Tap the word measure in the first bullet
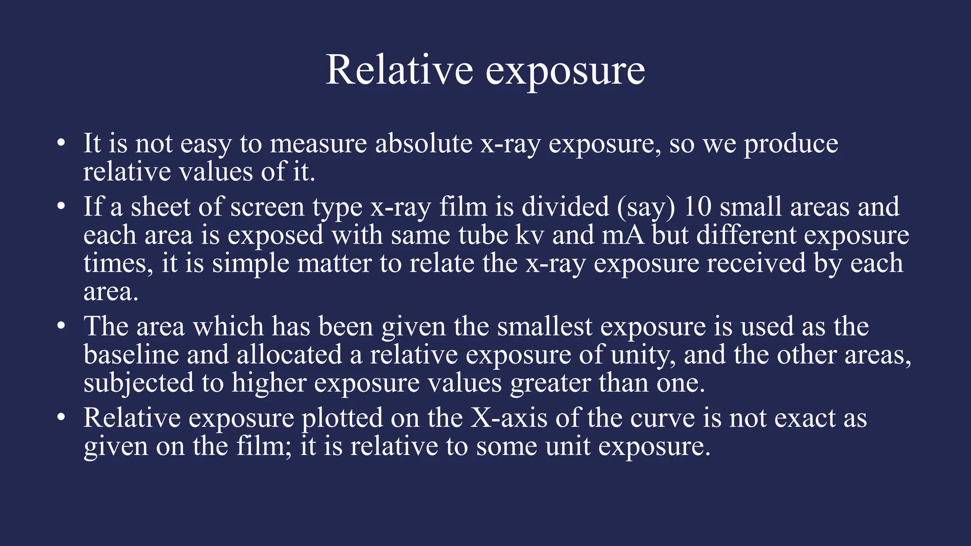pyautogui.click(x=318, y=144)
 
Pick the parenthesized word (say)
pyautogui.click(x=646, y=208)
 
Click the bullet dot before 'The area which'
pyautogui.click(x=60, y=327)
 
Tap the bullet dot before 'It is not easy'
pyautogui.click(x=60, y=143)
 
